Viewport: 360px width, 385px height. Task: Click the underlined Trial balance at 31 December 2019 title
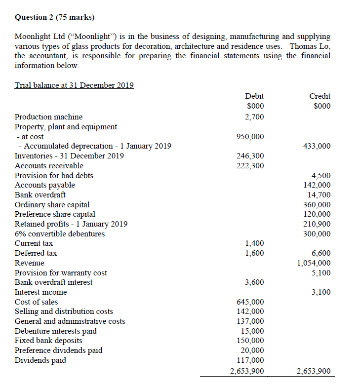74,85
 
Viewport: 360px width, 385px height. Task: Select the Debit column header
254,96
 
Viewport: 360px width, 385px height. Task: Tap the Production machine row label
48,117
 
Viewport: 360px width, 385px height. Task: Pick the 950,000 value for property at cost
250,136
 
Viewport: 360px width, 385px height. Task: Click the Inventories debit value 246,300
250,156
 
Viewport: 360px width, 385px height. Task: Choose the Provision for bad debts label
54,175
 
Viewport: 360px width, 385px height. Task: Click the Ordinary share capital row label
52,205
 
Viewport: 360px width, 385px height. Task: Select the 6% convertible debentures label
60,234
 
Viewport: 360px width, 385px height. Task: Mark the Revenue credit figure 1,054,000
314,263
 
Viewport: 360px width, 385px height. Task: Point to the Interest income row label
40,292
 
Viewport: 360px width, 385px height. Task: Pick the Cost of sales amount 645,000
250,302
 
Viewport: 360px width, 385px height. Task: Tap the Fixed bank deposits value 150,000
250,341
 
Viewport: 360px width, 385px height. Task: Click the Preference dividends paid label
59,350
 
